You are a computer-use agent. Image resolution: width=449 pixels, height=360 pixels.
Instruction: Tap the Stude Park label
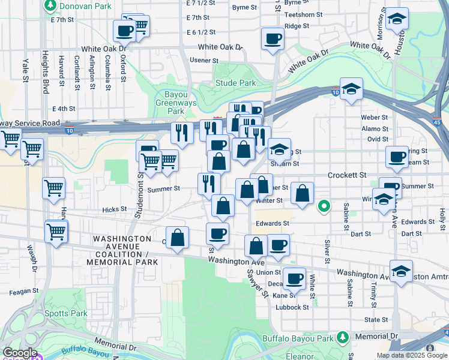(235, 83)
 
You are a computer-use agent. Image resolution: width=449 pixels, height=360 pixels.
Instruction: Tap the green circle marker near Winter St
(324, 207)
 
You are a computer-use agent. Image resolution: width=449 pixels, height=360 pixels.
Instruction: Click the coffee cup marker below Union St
(294, 278)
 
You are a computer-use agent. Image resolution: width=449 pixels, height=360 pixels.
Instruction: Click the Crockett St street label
(347, 175)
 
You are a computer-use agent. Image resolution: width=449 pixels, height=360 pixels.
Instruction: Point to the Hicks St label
(114, 209)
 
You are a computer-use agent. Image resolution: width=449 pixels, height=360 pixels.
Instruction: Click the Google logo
(19, 353)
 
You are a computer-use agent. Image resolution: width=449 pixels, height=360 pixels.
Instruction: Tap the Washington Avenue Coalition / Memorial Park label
(122, 250)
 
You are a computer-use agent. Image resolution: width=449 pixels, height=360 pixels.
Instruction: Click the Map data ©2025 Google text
(412, 355)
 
